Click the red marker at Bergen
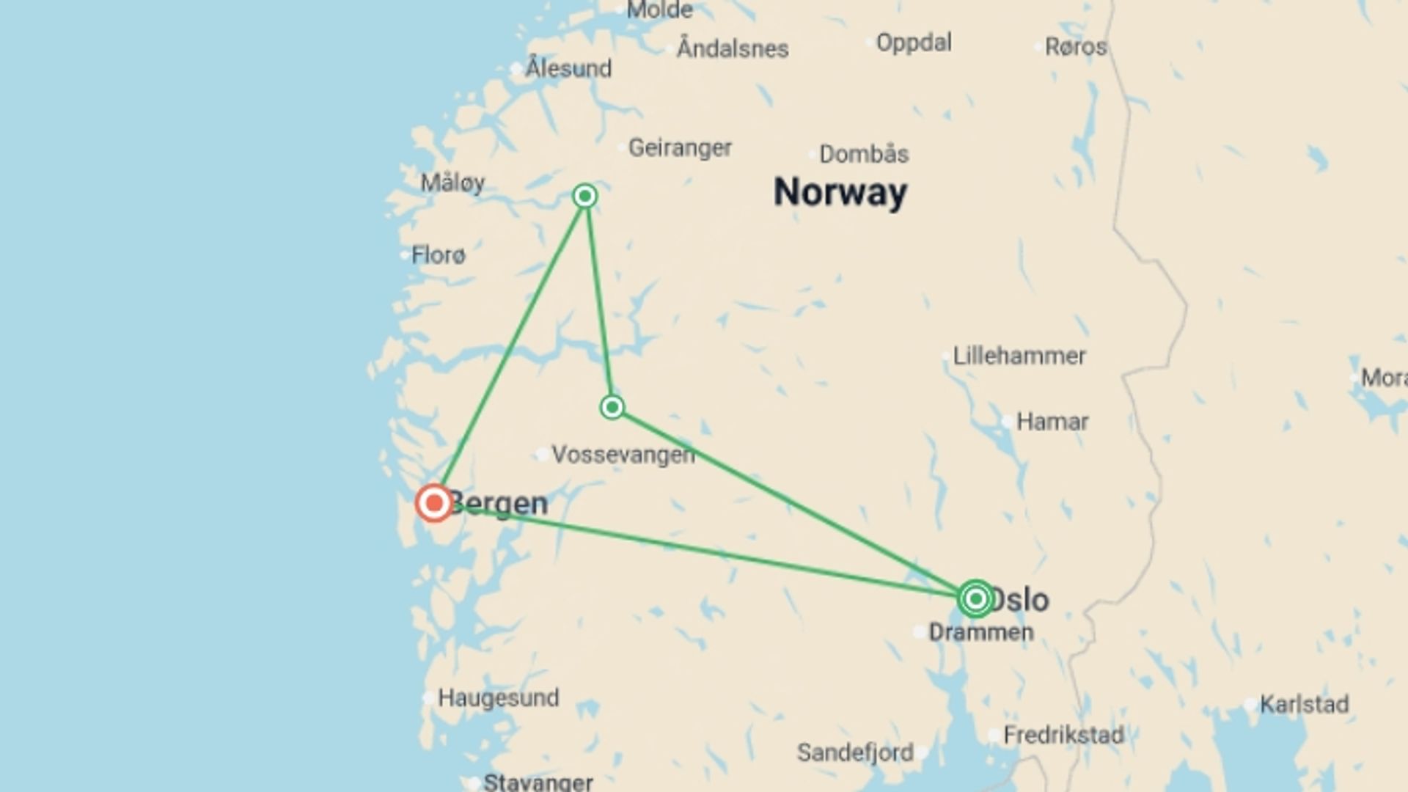coord(434,503)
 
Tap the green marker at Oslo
coord(975,599)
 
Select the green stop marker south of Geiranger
coord(585,196)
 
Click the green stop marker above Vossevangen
coord(612,407)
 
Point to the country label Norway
coord(840,192)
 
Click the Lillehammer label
coord(1019,356)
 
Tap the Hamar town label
coord(1052,422)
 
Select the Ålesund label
coord(568,69)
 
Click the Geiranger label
coord(680,148)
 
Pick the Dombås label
coord(864,154)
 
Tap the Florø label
coord(438,255)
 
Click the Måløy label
coord(452,183)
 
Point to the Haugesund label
coord(498,697)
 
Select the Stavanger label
coord(538,782)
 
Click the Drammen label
coord(981,632)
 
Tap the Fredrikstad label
coord(1063,735)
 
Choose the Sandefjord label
coord(855,752)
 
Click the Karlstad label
coord(1304,705)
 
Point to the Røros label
coord(1076,47)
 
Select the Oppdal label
coord(914,43)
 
